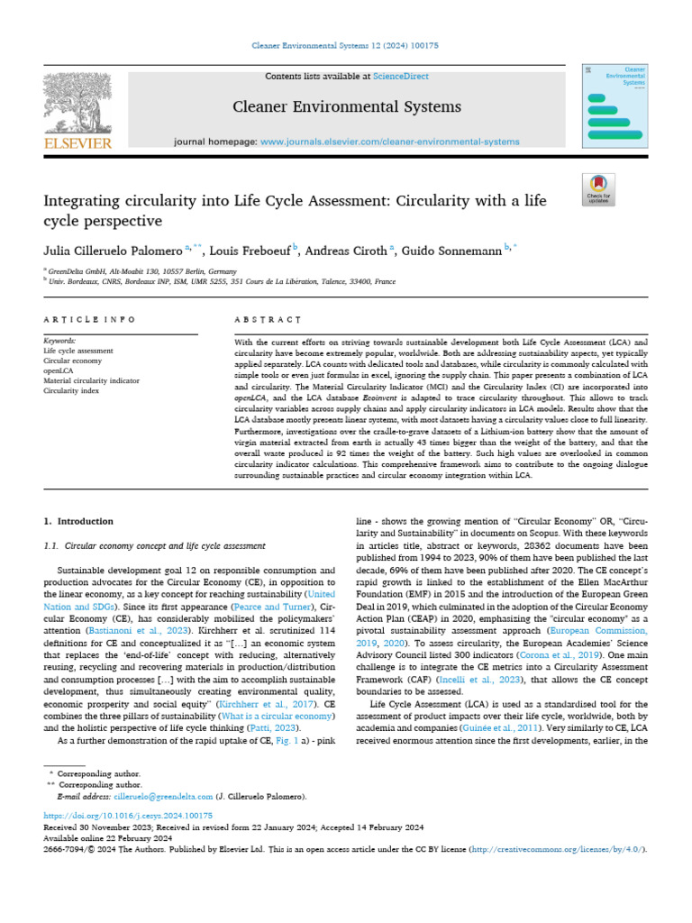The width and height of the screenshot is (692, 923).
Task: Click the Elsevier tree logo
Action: (77, 103)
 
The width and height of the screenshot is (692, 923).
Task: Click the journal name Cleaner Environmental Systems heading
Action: (347, 107)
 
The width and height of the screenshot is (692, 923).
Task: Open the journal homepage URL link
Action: (389, 142)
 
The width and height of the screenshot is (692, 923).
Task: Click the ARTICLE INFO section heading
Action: (90, 319)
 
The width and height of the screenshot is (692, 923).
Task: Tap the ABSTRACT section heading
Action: (267, 319)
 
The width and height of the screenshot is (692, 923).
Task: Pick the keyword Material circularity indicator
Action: (91, 380)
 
